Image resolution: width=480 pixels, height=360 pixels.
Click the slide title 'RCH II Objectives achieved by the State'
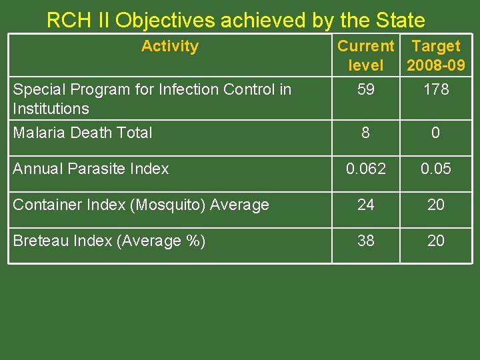pyautogui.click(x=235, y=20)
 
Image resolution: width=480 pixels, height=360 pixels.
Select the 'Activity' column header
pyautogui.click(x=170, y=46)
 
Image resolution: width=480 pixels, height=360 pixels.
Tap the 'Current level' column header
pyautogui.click(x=365, y=55)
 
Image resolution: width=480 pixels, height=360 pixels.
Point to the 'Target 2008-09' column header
pyautogui.click(x=436, y=55)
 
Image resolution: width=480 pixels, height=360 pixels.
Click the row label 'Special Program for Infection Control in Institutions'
pyautogui.click(x=152, y=99)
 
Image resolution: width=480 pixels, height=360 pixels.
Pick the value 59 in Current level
pyautogui.click(x=365, y=89)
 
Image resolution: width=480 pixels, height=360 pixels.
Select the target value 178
pyautogui.click(x=436, y=89)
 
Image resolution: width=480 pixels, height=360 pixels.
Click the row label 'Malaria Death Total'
pyautogui.click(x=83, y=133)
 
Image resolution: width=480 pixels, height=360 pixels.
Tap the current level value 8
pyautogui.click(x=365, y=133)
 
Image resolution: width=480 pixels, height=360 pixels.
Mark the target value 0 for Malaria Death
pyautogui.click(x=435, y=133)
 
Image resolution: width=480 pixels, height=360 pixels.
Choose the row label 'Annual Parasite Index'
pyautogui.click(x=91, y=169)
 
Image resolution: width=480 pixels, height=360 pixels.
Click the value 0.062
pyautogui.click(x=365, y=169)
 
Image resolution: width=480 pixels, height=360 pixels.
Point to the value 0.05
pyautogui.click(x=435, y=169)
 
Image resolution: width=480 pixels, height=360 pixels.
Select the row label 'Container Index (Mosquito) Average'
pyautogui.click(x=141, y=205)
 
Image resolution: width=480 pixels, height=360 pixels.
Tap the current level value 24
pyautogui.click(x=365, y=205)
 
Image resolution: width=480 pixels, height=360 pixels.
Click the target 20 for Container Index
pyautogui.click(x=435, y=205)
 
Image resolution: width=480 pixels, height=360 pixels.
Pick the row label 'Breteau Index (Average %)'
pyautogui.click(x=109, y=241)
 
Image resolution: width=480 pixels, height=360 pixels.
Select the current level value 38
pyautogui.click(x=365, y=241)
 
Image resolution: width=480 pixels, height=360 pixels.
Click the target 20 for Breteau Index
pyautogui.click(x=435, y=241)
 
